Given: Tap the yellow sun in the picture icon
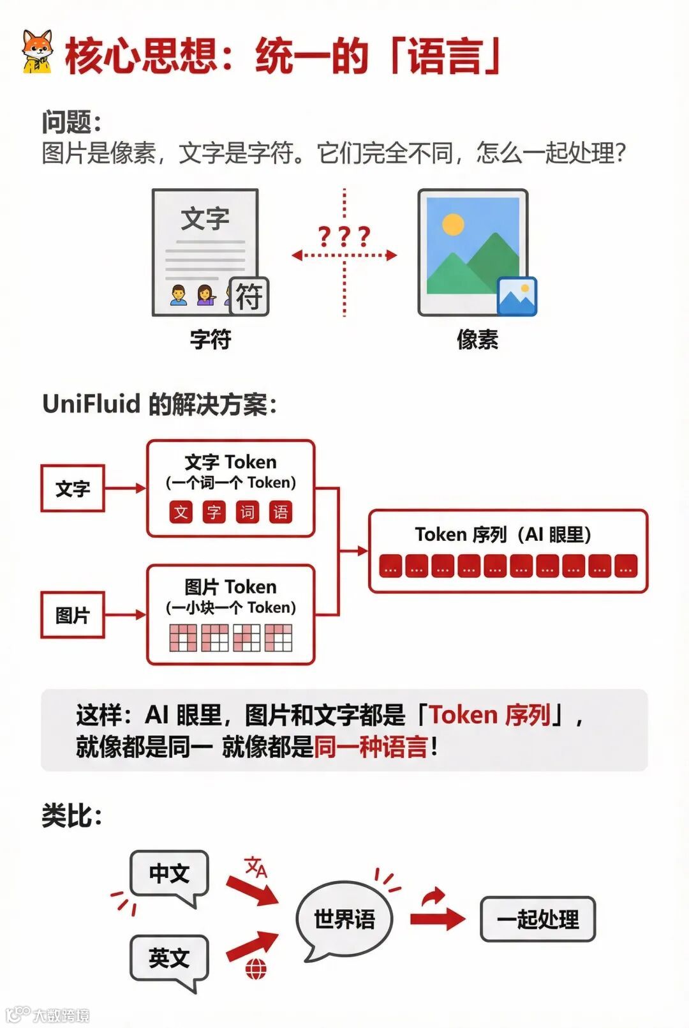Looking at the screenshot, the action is click(452, 225).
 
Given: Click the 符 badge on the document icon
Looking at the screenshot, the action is click(249, 296).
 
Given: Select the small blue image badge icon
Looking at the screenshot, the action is click(517, 296).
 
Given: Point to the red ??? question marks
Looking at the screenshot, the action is click(344, 237).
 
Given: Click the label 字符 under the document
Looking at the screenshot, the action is click(211, 339).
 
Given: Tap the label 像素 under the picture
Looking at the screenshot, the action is click(477, 339).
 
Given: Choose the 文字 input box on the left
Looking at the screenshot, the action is click(73, 488).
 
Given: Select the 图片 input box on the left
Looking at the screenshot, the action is click(73, 615).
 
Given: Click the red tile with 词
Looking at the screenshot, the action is click(247, 512).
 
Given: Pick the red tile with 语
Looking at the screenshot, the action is click(280, 512).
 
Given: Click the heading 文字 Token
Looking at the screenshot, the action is click(230, 462).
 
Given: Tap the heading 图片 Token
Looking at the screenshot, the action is click(230, 587).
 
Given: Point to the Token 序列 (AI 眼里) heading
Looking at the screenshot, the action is click(503, 534).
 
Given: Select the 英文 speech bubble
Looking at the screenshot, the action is click(169, 958).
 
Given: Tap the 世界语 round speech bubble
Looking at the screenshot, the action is click(344, 919).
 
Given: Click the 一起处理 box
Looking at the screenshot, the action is click(538, 919).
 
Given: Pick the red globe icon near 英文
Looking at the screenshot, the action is click(256, 969).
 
